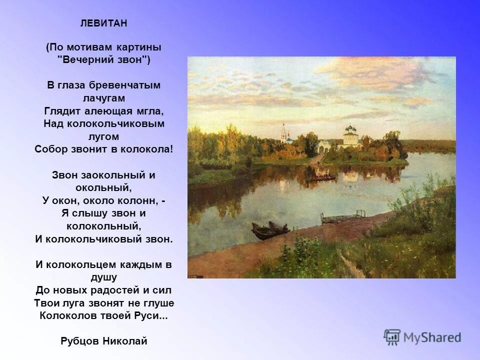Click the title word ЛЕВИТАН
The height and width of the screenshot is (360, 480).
coord(103,23)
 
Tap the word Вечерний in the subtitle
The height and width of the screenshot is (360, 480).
coord(89,59)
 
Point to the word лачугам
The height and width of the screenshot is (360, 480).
coord(103,98)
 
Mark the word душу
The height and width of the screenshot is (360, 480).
coord(103,277)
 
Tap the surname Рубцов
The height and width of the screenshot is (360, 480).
coord(79,341)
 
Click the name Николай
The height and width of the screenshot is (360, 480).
coord(125,341)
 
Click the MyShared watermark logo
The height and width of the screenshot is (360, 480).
coord(422,337)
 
